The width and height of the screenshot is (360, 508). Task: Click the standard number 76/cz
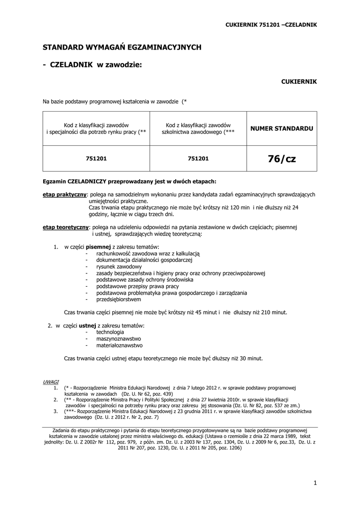pyautogui.click(x=282, y=159)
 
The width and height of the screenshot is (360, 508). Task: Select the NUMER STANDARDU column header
pyautogui.click(x=282, y=128)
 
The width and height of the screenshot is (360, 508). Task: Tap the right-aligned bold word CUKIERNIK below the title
pyautogui.click(x=299, y=81)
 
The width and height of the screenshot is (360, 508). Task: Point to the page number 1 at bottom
pyautogui.click(x=315, y=482)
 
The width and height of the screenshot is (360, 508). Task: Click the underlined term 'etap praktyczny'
pyautogui.click(x=65, y=194)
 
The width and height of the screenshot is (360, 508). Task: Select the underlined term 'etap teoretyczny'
pyautogui.click(x=66, y=227)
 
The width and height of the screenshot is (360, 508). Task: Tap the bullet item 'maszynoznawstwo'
pyautogui.click(x=119, y=338)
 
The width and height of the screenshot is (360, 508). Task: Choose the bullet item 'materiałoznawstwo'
pyautogui.click(x=120, y=345)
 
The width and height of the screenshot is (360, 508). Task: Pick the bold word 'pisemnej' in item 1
pyautogui.click(x=98, y=247)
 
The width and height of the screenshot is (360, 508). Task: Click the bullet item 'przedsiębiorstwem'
pyautogui.click(x=119, y=299)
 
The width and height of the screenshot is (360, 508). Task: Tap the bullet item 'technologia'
pyautogui.click(x=110, y=332)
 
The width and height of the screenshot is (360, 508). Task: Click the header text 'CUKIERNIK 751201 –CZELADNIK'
pyautogui.click(x=271, y=24)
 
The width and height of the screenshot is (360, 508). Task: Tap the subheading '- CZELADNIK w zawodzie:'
pyautogui.click(x=92, y=64)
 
